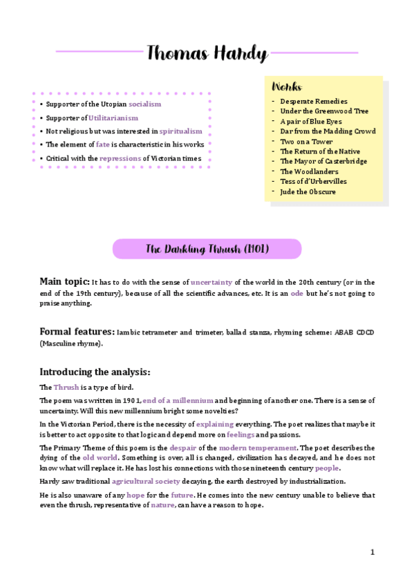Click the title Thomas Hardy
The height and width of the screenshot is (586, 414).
click(207, 53)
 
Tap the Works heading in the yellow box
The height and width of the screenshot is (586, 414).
click(286, 87)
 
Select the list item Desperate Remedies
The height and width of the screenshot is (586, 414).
click(313, 102)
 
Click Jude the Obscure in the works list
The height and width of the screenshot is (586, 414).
click(308, 191)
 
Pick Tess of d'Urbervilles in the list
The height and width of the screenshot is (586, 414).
click(313, 181)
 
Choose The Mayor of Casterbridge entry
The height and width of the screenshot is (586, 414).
click(323, 161)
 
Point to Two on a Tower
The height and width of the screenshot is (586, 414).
click(307, 141)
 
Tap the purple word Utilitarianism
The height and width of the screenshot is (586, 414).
click(113, 117)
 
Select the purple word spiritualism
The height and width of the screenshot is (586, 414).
click(180, 131)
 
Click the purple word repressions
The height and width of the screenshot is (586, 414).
click(120, 158)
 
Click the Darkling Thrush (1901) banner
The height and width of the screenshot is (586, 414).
click(207, 249)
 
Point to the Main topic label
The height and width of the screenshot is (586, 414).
click(64, 281)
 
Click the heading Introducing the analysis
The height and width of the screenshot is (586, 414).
click(95, 372)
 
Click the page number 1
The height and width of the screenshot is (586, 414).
click(372, 552)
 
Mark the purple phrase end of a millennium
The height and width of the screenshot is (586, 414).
click(178, 401)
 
